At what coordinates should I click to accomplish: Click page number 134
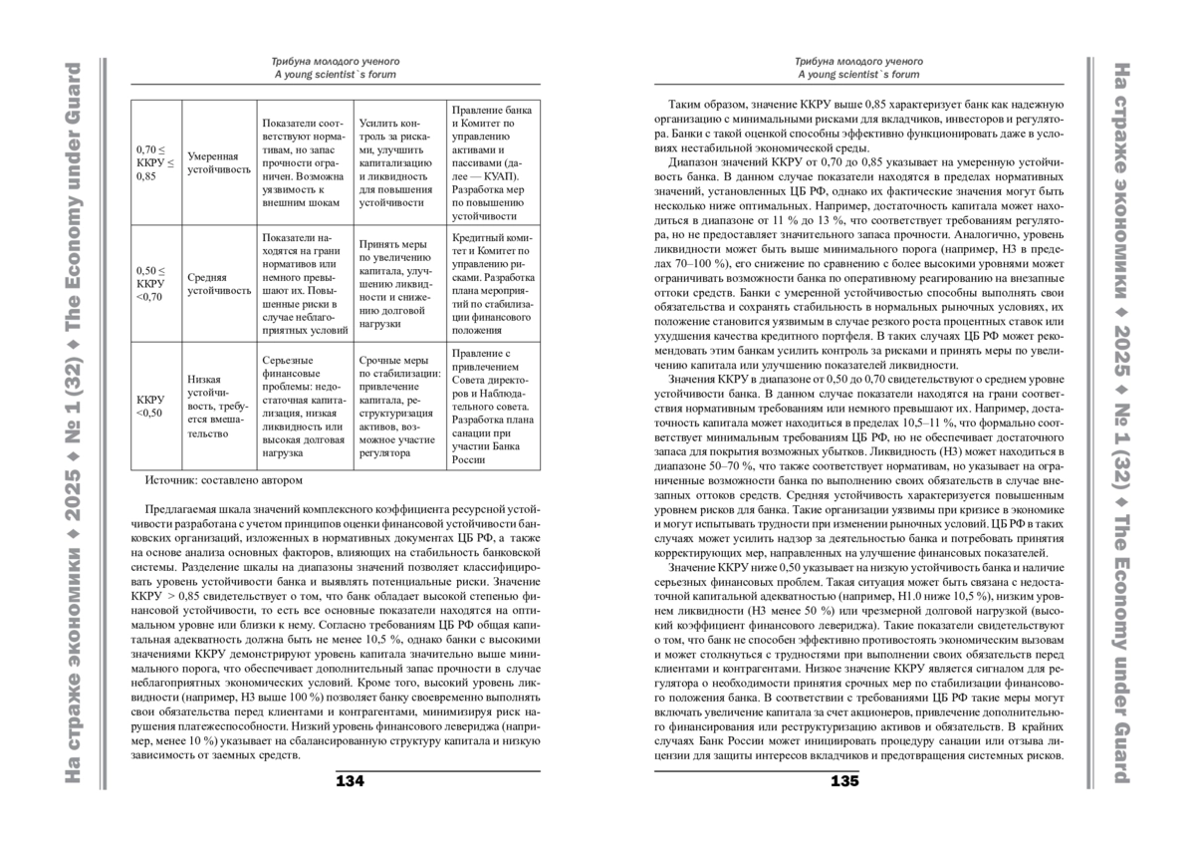click(350, 780)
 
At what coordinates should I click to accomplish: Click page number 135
click(844, 780)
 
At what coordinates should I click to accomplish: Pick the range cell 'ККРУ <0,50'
click(150, 407)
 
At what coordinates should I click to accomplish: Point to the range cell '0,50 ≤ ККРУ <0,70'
click(151, 283)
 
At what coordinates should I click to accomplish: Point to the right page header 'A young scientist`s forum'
click(858, 74)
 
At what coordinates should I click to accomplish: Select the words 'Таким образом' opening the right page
click(701, 104)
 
